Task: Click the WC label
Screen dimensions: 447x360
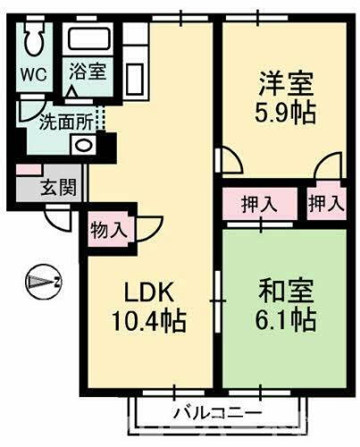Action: coord(34,73)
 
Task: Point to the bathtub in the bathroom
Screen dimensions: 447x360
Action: coord(91,40)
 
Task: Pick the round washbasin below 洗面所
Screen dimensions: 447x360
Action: coord(83,144)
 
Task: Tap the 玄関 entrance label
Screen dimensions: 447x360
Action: coord(58,188)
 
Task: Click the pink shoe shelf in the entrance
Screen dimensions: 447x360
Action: coord(28,170)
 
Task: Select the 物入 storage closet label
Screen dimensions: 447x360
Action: coord(109,230)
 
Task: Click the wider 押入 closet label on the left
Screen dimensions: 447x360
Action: coord(259,203)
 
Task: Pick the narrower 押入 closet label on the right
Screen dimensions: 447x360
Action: coord(325,203)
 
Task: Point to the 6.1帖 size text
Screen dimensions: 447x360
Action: coord(286,319)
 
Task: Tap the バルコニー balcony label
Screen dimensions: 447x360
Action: coord(217,413)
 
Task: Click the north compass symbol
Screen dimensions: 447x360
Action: coord(43,281)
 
